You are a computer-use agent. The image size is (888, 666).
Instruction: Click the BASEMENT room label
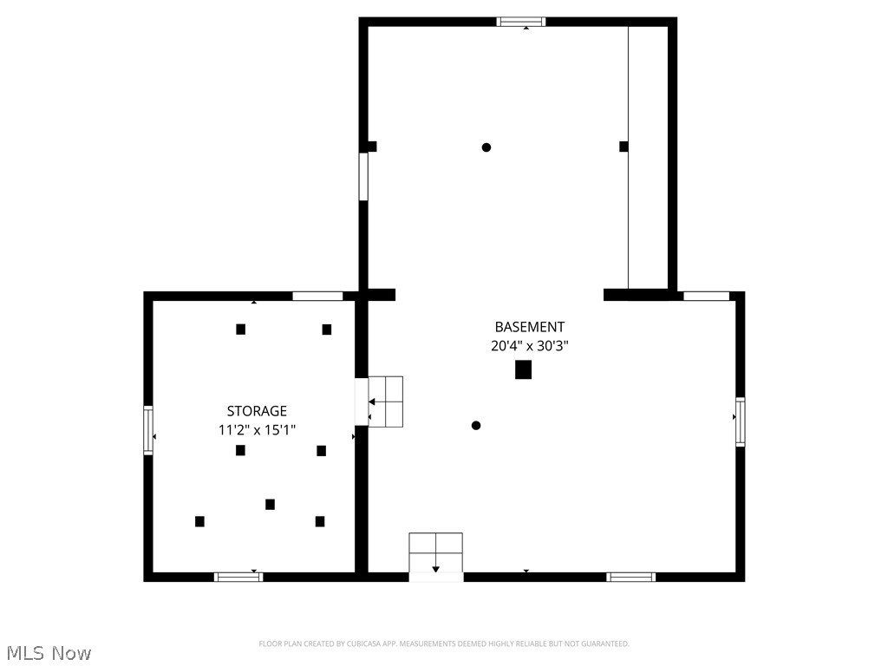[529, 327]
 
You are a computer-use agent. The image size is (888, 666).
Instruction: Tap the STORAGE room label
[257, 411]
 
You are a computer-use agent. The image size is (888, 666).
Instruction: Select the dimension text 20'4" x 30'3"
[529, 345]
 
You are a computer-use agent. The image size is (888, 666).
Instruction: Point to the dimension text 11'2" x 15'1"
[257, 428]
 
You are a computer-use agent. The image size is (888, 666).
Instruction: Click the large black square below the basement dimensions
[523, 369]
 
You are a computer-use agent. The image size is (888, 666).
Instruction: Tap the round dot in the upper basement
[486, 147]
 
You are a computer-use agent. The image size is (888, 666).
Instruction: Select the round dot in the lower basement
[475, 425]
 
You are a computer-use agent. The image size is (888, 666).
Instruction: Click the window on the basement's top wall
[521, 22]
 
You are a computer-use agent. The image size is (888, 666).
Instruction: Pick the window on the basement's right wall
[740, 421]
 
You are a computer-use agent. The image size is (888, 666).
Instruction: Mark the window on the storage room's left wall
[148, 430]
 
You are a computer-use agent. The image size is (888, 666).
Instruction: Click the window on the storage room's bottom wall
[238, 577]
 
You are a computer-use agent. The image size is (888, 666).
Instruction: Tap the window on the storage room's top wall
[317, 296]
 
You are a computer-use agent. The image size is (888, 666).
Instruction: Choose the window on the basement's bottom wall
[630, 577]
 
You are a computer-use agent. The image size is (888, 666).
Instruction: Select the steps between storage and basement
[386, 402]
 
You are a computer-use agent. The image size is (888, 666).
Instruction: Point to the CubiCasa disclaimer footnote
[444, 643]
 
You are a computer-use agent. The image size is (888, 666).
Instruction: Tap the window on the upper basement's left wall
[363, 177]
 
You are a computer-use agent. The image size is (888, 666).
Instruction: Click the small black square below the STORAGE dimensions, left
[240, 450]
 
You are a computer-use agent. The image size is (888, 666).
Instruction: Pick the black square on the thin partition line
[624, 147]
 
